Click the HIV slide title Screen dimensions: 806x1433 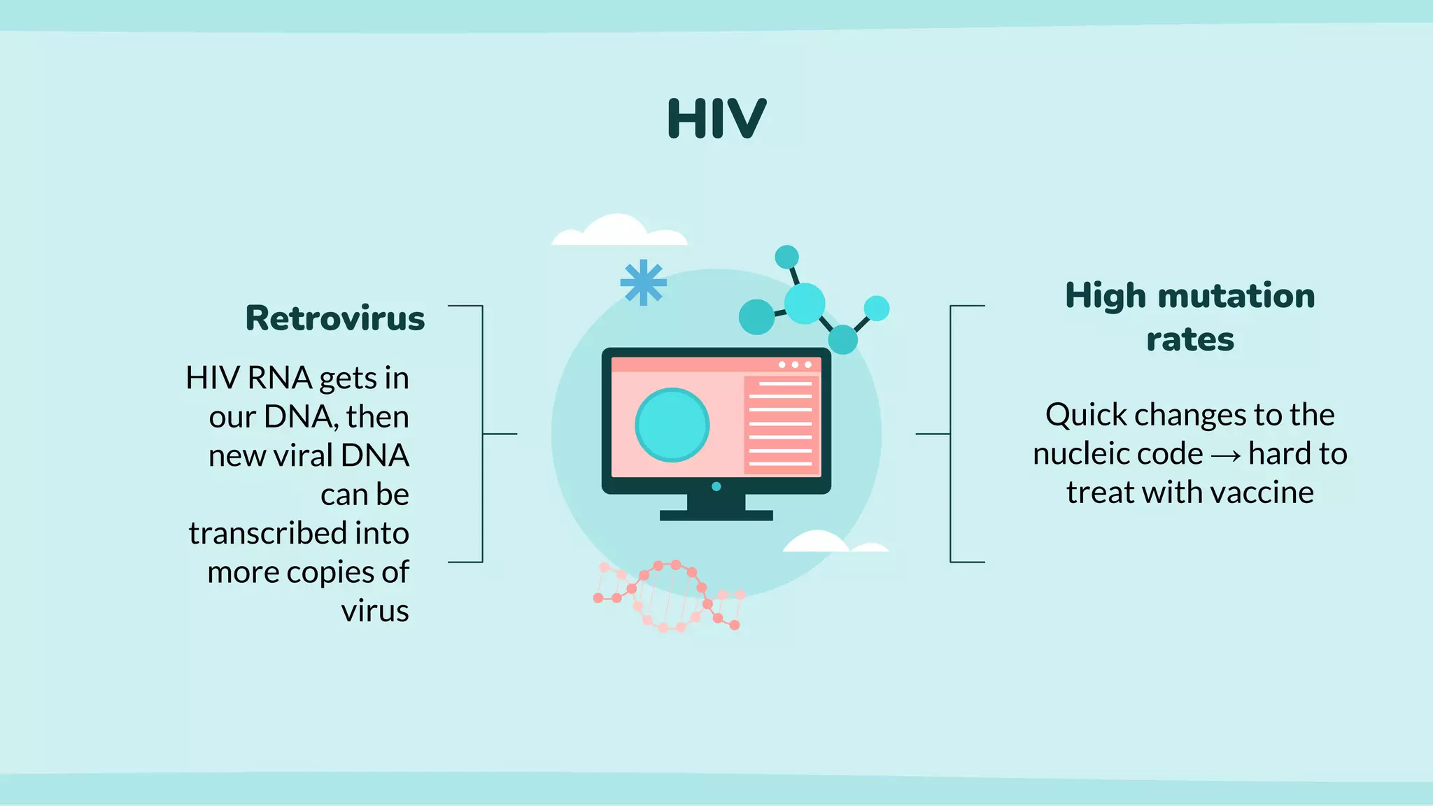(716, 119)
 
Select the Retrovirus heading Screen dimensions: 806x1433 (335, 318)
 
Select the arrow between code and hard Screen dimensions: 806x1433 (1225, 455)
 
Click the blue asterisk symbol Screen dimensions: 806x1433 (643, 283)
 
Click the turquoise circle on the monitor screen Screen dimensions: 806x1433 (672, 425)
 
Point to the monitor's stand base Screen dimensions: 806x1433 (716, 515)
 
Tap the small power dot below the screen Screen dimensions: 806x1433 (716, 486)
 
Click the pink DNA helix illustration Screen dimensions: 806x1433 (668, 596)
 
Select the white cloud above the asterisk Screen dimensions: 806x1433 (619, 232)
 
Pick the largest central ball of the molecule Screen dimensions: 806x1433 (804, 304)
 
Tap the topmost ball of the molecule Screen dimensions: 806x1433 (786, 257)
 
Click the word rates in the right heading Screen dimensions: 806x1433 (1190, 340)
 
